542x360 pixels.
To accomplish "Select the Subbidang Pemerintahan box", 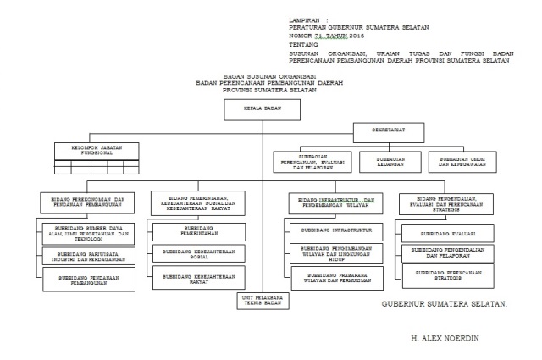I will [196, 230].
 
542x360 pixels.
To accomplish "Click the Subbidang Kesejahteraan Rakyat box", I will [196, 277].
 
